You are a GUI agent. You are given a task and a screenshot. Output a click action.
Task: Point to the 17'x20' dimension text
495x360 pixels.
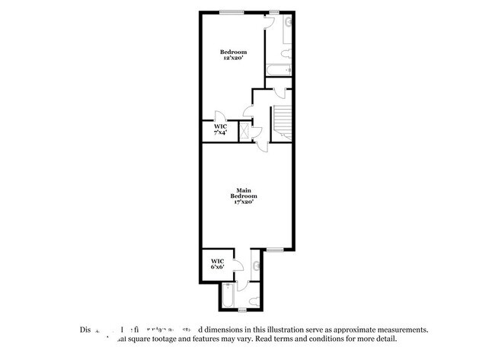[243, 202]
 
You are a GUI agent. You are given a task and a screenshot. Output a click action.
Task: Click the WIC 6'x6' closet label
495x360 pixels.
[217, 263]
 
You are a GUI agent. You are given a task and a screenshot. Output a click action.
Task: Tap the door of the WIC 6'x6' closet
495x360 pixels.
[235, 264]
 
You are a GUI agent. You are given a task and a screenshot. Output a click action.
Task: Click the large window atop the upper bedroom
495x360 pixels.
[231, 11]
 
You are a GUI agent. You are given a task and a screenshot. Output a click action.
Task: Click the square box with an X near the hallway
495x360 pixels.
[245, 130]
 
